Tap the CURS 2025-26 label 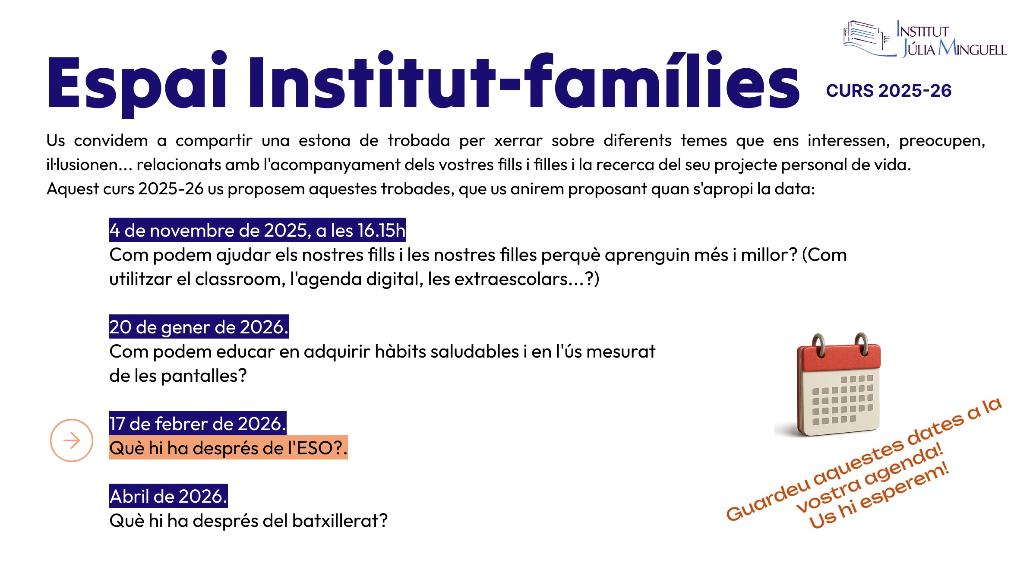coord(888,91)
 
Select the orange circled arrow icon coord(72,440)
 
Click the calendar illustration coord(837,384)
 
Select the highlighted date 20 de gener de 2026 coord(199,327)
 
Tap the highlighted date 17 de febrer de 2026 coord(197,424)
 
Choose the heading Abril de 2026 coord(168,496)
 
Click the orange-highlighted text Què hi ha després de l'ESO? coord(228,448)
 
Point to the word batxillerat coord(340,520)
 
